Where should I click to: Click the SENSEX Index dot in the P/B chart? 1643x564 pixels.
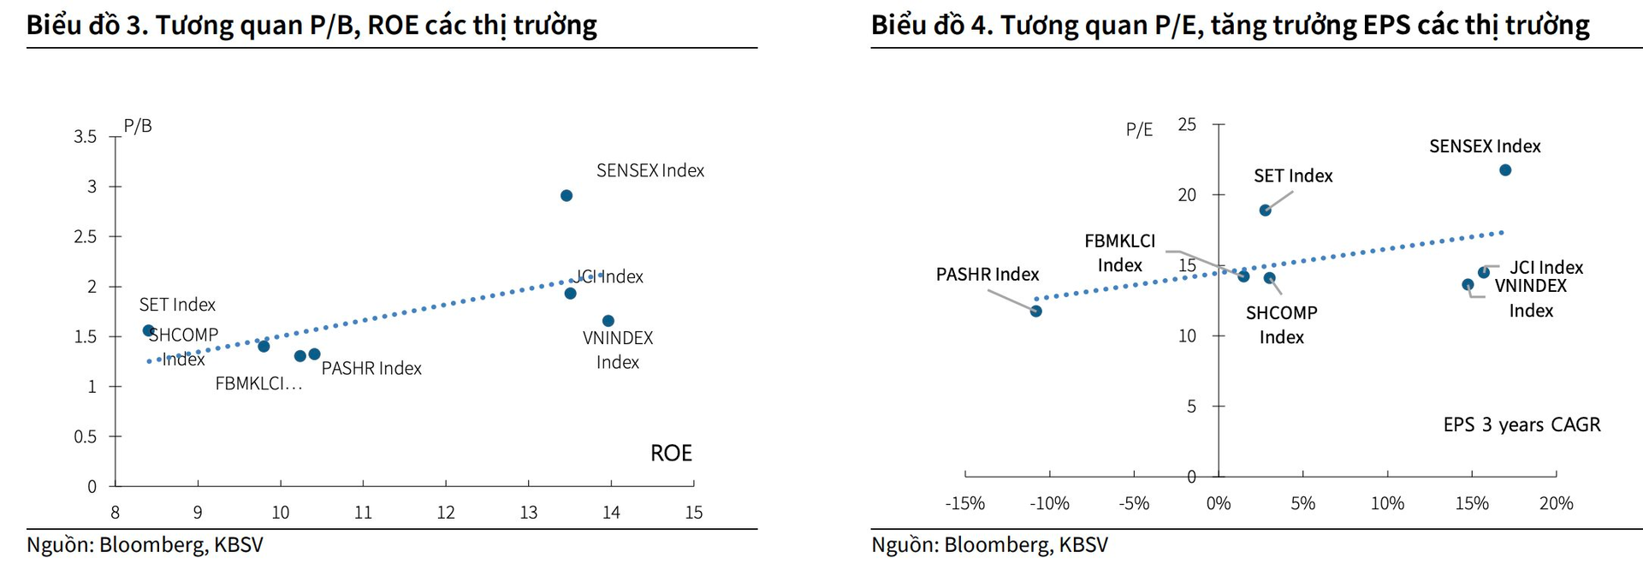click(566, 196)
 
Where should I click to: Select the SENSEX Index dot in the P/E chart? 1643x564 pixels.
click(1505, 170)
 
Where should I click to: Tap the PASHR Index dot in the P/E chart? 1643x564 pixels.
click(1035, 312)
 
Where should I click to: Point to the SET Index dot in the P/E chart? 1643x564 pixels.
click(1265, 211)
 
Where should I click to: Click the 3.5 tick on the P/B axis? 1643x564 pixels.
click(86, 136)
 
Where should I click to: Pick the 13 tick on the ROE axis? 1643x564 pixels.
click(528, 513)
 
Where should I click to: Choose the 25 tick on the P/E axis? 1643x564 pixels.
click(1187, 125)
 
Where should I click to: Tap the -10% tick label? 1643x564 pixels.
click(1049, 503)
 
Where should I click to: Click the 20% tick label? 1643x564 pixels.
click(1556, 503)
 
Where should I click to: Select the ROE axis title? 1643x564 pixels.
click(671, 454)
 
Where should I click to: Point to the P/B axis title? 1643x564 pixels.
click(138, 127)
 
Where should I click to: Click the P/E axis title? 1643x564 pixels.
click(1139, 130)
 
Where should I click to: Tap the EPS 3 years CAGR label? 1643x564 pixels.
click(1521, 425)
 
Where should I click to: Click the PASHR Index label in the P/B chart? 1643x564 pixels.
click(371, 369)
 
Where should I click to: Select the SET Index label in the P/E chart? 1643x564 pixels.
click(1293, 176)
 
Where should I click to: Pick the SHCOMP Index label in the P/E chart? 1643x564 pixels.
click(1281, 325)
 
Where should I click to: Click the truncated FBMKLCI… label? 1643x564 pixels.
click(258, 384)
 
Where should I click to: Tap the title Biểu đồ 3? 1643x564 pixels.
click(311, 25)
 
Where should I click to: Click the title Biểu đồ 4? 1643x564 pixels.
click(1230, 25)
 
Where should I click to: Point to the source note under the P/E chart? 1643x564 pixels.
click(989, 545)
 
